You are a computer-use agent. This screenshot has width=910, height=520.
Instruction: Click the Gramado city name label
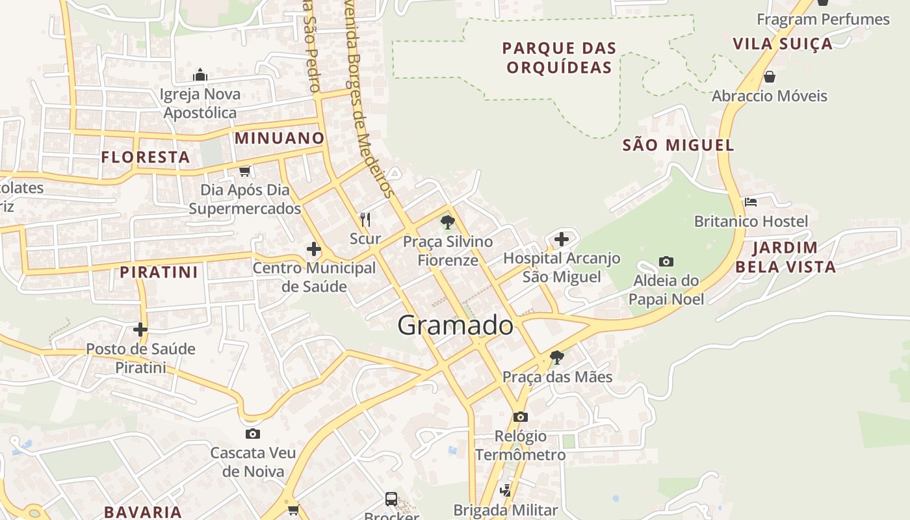[455, 325]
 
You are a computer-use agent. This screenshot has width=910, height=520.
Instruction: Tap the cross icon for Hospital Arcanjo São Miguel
[562, 239]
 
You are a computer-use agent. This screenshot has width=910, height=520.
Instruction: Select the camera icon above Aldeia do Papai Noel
[666, 262]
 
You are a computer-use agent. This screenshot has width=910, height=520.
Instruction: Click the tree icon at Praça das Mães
[556, 357]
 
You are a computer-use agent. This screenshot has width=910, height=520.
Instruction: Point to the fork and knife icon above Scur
[365, 220]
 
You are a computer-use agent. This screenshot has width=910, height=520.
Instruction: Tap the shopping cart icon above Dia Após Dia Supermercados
[244, 171]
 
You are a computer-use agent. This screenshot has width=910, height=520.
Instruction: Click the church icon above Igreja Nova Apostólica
[200, 75]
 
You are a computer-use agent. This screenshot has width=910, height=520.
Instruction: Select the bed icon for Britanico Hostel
[751, 202]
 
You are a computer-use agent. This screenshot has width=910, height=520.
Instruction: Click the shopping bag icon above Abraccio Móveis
[770, 77]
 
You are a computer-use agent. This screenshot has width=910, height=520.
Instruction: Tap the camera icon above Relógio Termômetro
[520, 417]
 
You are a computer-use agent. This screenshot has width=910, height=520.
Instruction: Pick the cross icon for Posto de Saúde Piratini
[140, 330]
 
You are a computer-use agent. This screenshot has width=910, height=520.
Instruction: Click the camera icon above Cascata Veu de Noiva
[253, 434]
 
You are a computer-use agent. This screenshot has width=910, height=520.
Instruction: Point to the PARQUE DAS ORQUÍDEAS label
[559, 58]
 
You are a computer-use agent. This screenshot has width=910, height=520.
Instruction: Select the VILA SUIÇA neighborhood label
[783, 44]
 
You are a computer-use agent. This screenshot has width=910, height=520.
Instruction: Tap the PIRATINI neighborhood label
[159, 272]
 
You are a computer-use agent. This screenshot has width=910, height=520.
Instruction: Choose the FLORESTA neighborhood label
[146, 157]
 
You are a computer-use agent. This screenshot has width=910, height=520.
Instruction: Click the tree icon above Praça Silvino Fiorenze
[447, 222]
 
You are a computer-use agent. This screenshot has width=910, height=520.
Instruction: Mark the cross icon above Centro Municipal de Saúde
[314, 249]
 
